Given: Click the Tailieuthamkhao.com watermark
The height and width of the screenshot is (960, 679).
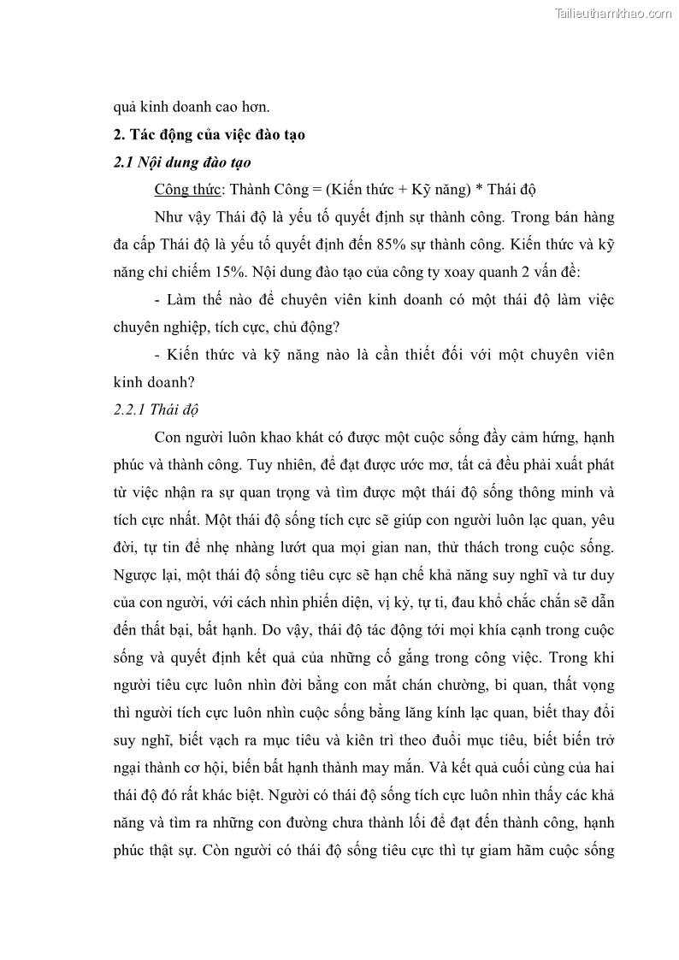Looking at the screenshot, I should pos(613,13).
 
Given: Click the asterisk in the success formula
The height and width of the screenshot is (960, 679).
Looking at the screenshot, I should pos(482,189).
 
